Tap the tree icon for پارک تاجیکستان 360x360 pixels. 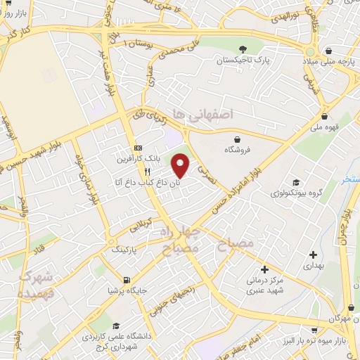(243, 49)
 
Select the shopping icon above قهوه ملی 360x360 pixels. (324, 117)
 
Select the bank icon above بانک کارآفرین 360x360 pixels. (138, 148)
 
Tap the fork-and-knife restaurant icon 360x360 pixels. (147, 171)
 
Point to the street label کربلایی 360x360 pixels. (138, 226)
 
